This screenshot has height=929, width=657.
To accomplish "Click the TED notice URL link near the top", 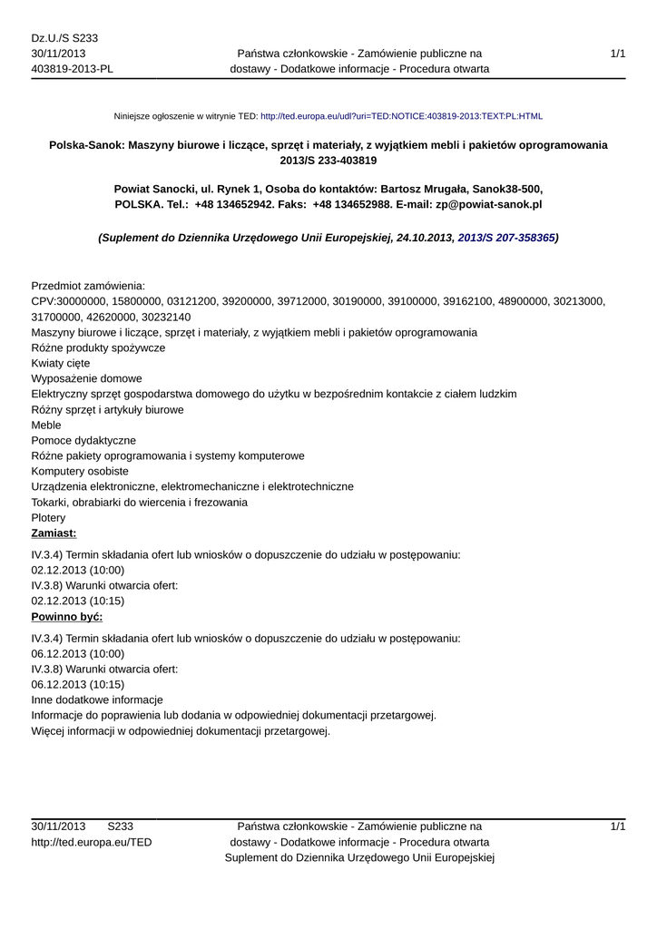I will pos(401,117).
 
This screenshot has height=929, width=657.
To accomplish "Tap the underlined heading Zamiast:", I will pos(54,533).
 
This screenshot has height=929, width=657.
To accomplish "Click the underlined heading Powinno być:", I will pos(66,617).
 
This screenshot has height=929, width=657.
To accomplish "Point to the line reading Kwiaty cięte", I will pos(61,363).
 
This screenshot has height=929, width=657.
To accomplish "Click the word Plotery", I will pos(48,517).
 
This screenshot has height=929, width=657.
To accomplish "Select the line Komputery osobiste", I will pos(80,471).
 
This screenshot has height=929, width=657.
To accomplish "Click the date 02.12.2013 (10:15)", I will pos(78,601).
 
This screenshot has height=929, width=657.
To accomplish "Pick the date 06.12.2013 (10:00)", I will pos(78,653).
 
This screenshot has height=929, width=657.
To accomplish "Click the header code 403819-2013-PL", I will pos(73,68).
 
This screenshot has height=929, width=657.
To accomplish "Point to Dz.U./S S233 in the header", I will pos(64,37).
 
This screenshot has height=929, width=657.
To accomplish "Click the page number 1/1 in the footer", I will pos(618,826).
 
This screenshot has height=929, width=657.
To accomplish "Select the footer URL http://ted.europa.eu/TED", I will pos(92,842).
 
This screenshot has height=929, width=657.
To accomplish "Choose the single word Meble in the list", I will pos(47,425).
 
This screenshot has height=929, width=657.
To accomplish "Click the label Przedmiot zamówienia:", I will pos(88,285).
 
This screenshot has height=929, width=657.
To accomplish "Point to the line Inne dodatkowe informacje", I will pos(97,699).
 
